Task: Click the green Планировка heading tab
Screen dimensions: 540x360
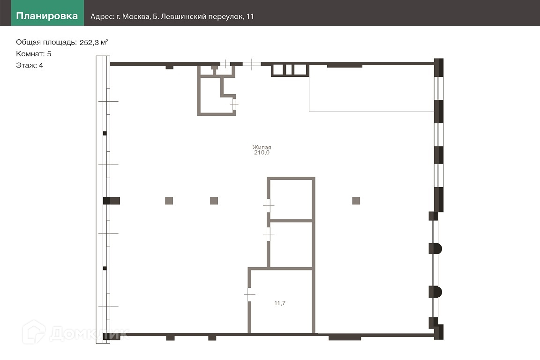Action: pyautogui.click(x=47, y=13)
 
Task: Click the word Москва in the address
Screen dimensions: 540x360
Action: pyautogui.click(x=136, y=16)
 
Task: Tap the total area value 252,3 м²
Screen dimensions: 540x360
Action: pyautogui.click(x=94, y=42)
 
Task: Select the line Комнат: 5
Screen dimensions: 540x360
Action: pyautogui.click(x=33, y=54)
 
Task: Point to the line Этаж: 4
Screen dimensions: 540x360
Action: pyautogui.click(x=29, y=66)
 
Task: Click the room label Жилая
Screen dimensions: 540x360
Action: pyautogui.click(x=262, y=148)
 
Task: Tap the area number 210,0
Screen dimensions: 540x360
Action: pyautogui.click(x=262, y=153)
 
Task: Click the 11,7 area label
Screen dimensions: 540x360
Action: pyautogui.click(x=280, y=303)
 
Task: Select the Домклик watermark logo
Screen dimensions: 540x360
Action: pyautogui.click(x=76, y=332)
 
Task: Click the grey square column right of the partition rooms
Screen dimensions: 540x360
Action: pyautogui.click(x=356, y=201)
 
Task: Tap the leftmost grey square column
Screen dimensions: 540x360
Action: pyautogui.click(x=169, y=201)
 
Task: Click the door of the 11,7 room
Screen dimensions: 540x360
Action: pyautogui.click(x=249, y=294)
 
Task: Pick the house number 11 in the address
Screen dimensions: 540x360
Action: pyautogui.click(x=250, y=16)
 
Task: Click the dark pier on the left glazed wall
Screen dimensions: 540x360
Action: pyautogui.click(x=111, y=201)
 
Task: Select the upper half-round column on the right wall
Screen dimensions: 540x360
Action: pyautogui.click(x=435, y=248)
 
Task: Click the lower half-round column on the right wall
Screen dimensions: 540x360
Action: pyautogui.click(x=435, y=292)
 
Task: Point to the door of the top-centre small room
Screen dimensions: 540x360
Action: pyautogui.click(x=234, y=104)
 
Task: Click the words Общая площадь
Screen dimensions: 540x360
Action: pyautogui.click(x=46, y=42)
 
